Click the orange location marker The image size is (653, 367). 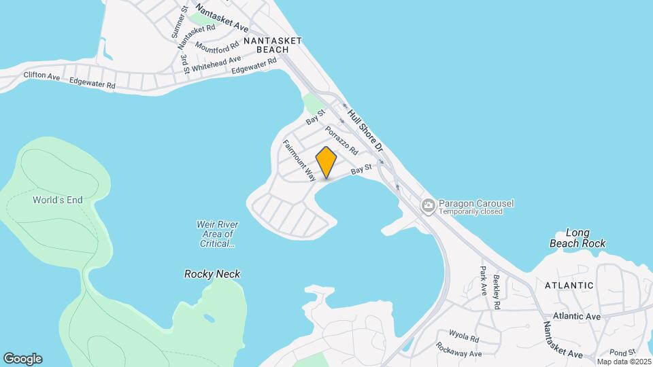[326, 162]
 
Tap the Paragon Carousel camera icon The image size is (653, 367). [428, 205]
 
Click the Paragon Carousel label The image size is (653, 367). [476, 203]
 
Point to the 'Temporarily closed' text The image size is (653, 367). [471, 211]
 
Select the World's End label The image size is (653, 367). [57, 200]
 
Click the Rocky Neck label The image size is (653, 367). [212, 274]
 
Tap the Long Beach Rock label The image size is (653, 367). [577, 238]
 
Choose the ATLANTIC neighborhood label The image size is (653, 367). [569, 285]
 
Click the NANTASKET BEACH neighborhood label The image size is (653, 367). [272, 46]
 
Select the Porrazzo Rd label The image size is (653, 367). [341, 140]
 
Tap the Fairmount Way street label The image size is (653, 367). [299, 160]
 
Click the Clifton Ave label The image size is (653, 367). [41, 76]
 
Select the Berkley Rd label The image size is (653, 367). [497, 292]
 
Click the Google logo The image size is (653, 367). [22, 358]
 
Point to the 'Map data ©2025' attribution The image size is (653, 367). [624, 362]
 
